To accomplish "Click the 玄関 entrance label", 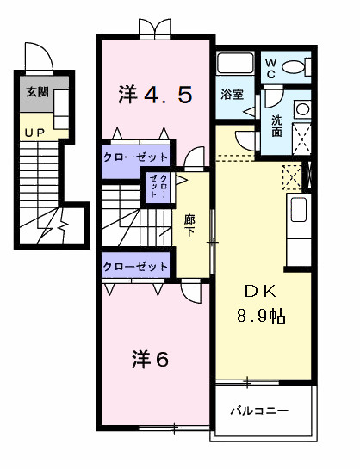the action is [37, 92].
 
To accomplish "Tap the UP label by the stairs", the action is [34, 133].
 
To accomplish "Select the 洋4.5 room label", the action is [155, 95].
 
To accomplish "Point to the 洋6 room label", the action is [150, 359].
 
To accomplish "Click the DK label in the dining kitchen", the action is [260, 292].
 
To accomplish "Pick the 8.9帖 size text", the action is [261, 316].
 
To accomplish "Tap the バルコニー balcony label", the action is [259, 410].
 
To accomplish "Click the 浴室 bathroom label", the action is [233, 95].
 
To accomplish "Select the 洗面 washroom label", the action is [276, 126].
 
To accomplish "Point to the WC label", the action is [270, 68].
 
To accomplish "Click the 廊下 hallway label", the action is [189, 225].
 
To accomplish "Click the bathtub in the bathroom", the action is [235, 63].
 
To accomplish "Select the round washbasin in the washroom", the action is [302, 109].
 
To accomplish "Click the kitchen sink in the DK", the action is [299, 210].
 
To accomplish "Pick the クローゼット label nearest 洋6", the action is [135, 266].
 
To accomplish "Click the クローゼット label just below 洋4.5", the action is [135, 157].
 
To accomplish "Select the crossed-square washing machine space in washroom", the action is [301, 139].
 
